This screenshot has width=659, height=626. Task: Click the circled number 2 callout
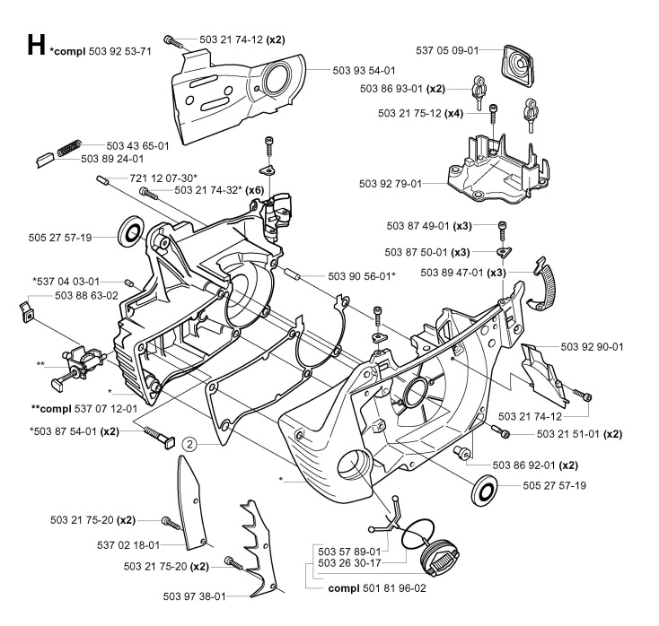[x=189, y=442]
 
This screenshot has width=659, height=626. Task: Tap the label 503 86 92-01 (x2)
[x=535, y=465]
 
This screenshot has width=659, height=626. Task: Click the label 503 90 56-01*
[x=362, y=275]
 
